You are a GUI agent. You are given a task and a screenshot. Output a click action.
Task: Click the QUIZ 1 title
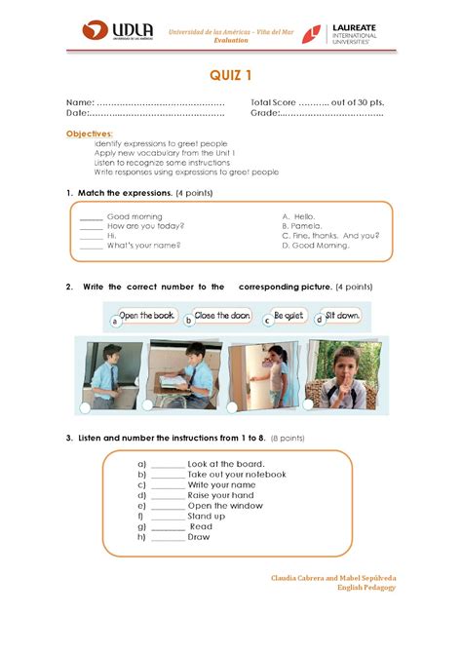[x=232, y=75]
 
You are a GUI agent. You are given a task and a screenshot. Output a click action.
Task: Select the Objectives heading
[x=89, y=133]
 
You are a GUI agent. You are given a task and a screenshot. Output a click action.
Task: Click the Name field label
[x=79, y=102]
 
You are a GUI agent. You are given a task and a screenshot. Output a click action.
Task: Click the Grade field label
[x=264, y=113]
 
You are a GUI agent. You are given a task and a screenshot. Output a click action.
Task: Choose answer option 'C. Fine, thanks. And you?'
[x=330, y=235]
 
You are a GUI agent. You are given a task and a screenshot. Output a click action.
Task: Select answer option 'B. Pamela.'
[x=300, y=225]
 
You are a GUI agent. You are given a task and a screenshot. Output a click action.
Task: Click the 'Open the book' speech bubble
[x=146, y=316]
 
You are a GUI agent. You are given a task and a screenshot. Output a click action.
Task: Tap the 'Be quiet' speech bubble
[x=289, y=316]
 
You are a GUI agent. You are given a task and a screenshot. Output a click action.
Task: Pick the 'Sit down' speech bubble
[x=341, y=316]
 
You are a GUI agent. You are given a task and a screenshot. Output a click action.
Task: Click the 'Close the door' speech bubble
[x=222, y=316]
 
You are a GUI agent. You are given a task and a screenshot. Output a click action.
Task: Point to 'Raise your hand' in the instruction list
[x=221, y=495]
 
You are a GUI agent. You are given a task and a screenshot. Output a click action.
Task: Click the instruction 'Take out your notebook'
[x=237, y=474]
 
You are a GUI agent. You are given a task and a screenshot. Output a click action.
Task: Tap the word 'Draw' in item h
[x=199, y=537]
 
